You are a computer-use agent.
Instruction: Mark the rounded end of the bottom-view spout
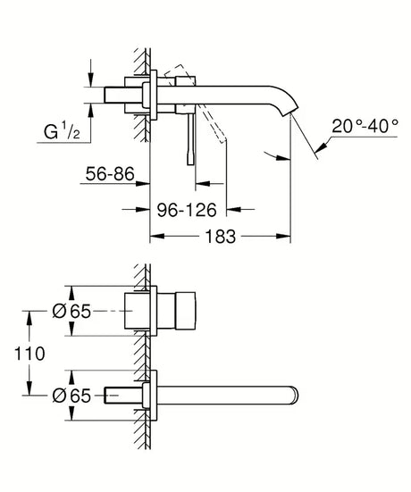point(294,394)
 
